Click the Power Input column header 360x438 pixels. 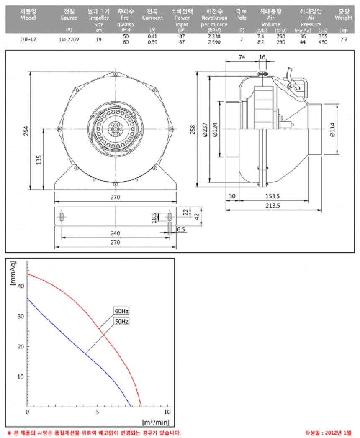(182, 18)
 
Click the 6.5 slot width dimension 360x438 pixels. (181, 230)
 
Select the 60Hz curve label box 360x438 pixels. (121, 311)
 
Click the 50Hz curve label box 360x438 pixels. (121, 321)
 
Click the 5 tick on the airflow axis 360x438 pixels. (98, 412)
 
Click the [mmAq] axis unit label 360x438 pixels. (13, 272)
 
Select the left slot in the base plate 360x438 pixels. (62, 217)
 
